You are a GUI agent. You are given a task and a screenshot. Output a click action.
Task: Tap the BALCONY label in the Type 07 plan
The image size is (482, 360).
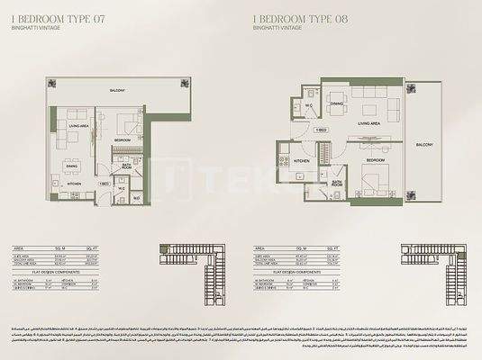coord(117,91)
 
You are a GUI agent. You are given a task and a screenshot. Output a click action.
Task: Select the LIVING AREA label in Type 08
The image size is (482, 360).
coord(371,123)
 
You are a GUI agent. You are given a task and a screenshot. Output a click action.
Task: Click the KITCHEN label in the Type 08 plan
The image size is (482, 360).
coord(302,162)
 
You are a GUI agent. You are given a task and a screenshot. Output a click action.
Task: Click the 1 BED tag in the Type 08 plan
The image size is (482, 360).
coord(320,130)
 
